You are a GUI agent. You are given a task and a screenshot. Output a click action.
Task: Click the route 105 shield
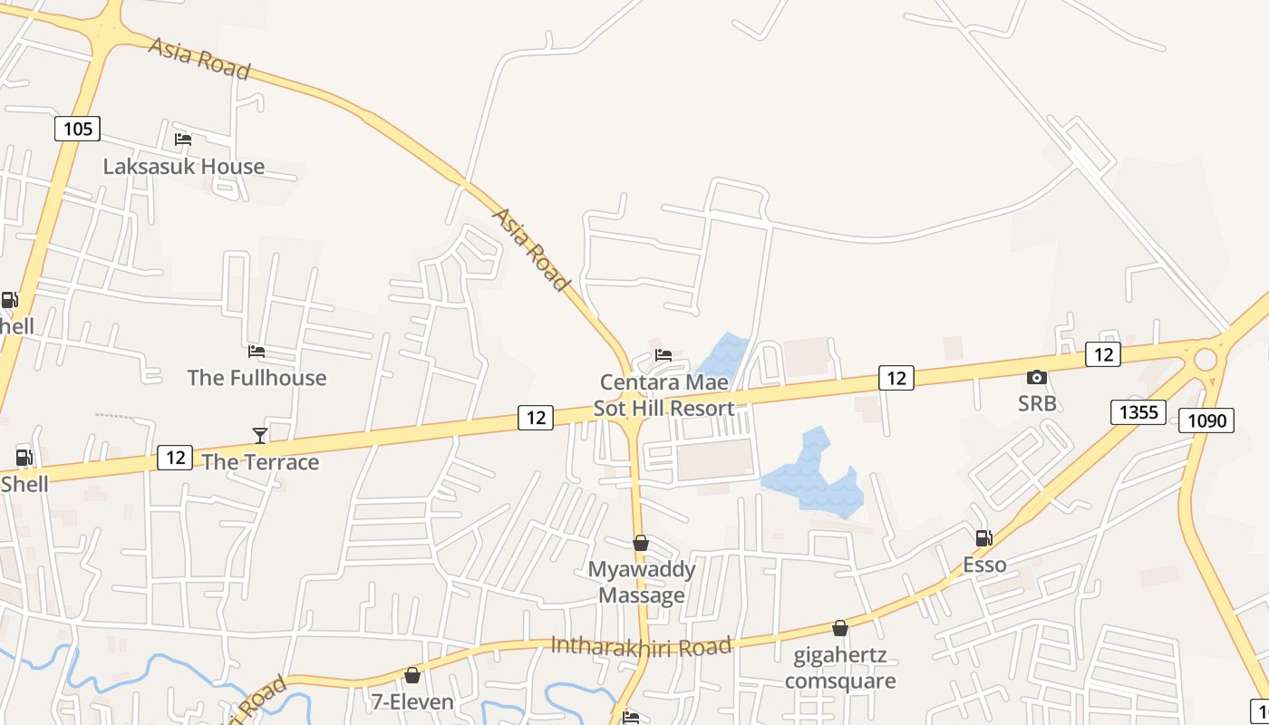[77, 129]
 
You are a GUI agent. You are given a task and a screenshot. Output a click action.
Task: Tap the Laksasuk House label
[184, 167]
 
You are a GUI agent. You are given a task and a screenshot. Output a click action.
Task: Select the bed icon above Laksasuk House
[183, 140]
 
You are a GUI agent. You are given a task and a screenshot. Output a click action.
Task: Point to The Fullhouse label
[257, 377]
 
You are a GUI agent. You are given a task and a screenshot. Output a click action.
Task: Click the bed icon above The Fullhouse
[257, 352]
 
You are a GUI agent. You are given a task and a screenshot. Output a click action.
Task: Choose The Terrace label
[260, 462]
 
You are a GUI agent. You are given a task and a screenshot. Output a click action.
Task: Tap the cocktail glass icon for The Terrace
[260, 436]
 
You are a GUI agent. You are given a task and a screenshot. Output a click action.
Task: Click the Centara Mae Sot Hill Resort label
[664, 395]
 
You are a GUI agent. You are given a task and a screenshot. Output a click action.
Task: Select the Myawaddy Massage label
[642, 582]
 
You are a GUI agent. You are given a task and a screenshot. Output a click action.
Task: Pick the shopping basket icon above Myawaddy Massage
[641, 543]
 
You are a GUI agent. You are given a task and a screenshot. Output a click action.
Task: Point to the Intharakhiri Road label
[641, 646]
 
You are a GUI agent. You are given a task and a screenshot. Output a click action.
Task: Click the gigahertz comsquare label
[840, 667]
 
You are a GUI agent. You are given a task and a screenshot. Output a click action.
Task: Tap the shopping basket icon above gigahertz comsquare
[840, 628]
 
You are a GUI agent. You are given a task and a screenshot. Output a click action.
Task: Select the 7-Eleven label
[412, 701]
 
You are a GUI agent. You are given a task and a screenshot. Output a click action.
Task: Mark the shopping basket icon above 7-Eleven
[412, 675]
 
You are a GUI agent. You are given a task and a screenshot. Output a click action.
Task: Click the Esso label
[984, 565]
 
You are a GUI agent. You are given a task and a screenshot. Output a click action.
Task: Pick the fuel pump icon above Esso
[983, 538]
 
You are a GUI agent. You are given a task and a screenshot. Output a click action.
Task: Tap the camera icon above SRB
[1037, 377]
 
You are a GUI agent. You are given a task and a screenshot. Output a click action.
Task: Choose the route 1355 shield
[1138, 412]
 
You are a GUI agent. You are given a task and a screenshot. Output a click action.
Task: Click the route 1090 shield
[1206, 420]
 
